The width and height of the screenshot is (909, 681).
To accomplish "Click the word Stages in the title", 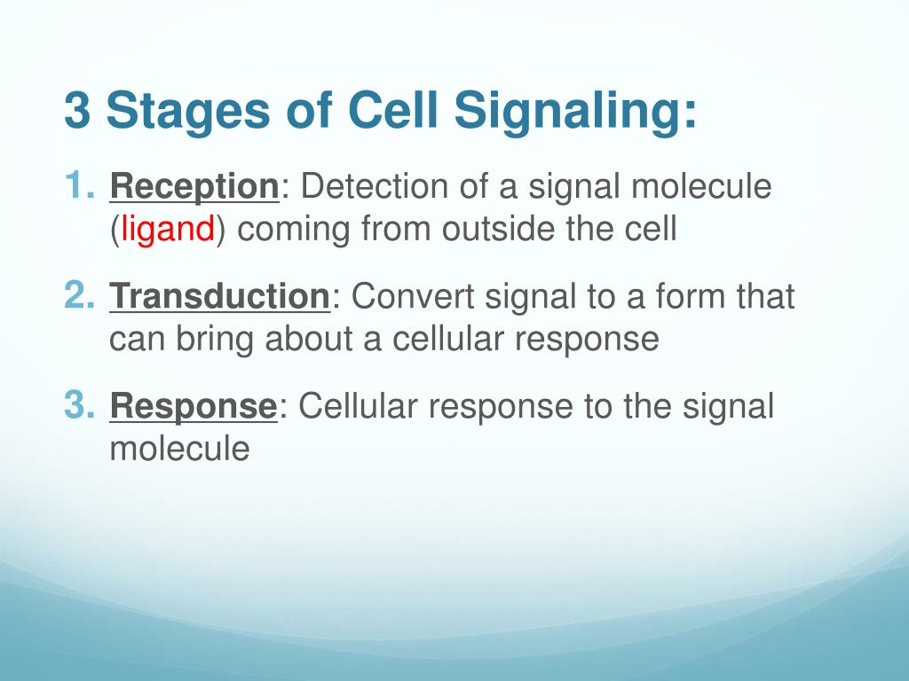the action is click(188, 111).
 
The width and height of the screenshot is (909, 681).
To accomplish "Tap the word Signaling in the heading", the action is click(574, 111).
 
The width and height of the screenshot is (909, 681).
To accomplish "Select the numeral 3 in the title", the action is click(77, 110).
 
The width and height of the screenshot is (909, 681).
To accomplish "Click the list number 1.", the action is click(79, 185).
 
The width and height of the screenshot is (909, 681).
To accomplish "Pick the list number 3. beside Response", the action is click(79, 404).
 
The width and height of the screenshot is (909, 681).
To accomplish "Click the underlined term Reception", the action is click(194, 188).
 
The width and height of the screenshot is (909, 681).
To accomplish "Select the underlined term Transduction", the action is click(220, 296).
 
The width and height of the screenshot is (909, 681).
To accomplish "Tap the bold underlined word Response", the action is click(194, 407).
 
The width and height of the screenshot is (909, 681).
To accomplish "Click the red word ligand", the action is click(168, 230).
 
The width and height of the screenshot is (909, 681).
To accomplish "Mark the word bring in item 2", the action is click(215, 340).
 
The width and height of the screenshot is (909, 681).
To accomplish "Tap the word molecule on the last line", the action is click(179, 448).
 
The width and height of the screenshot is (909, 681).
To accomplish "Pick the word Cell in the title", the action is click(392, 110).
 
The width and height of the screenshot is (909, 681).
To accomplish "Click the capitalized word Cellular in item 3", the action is click(358, 404).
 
